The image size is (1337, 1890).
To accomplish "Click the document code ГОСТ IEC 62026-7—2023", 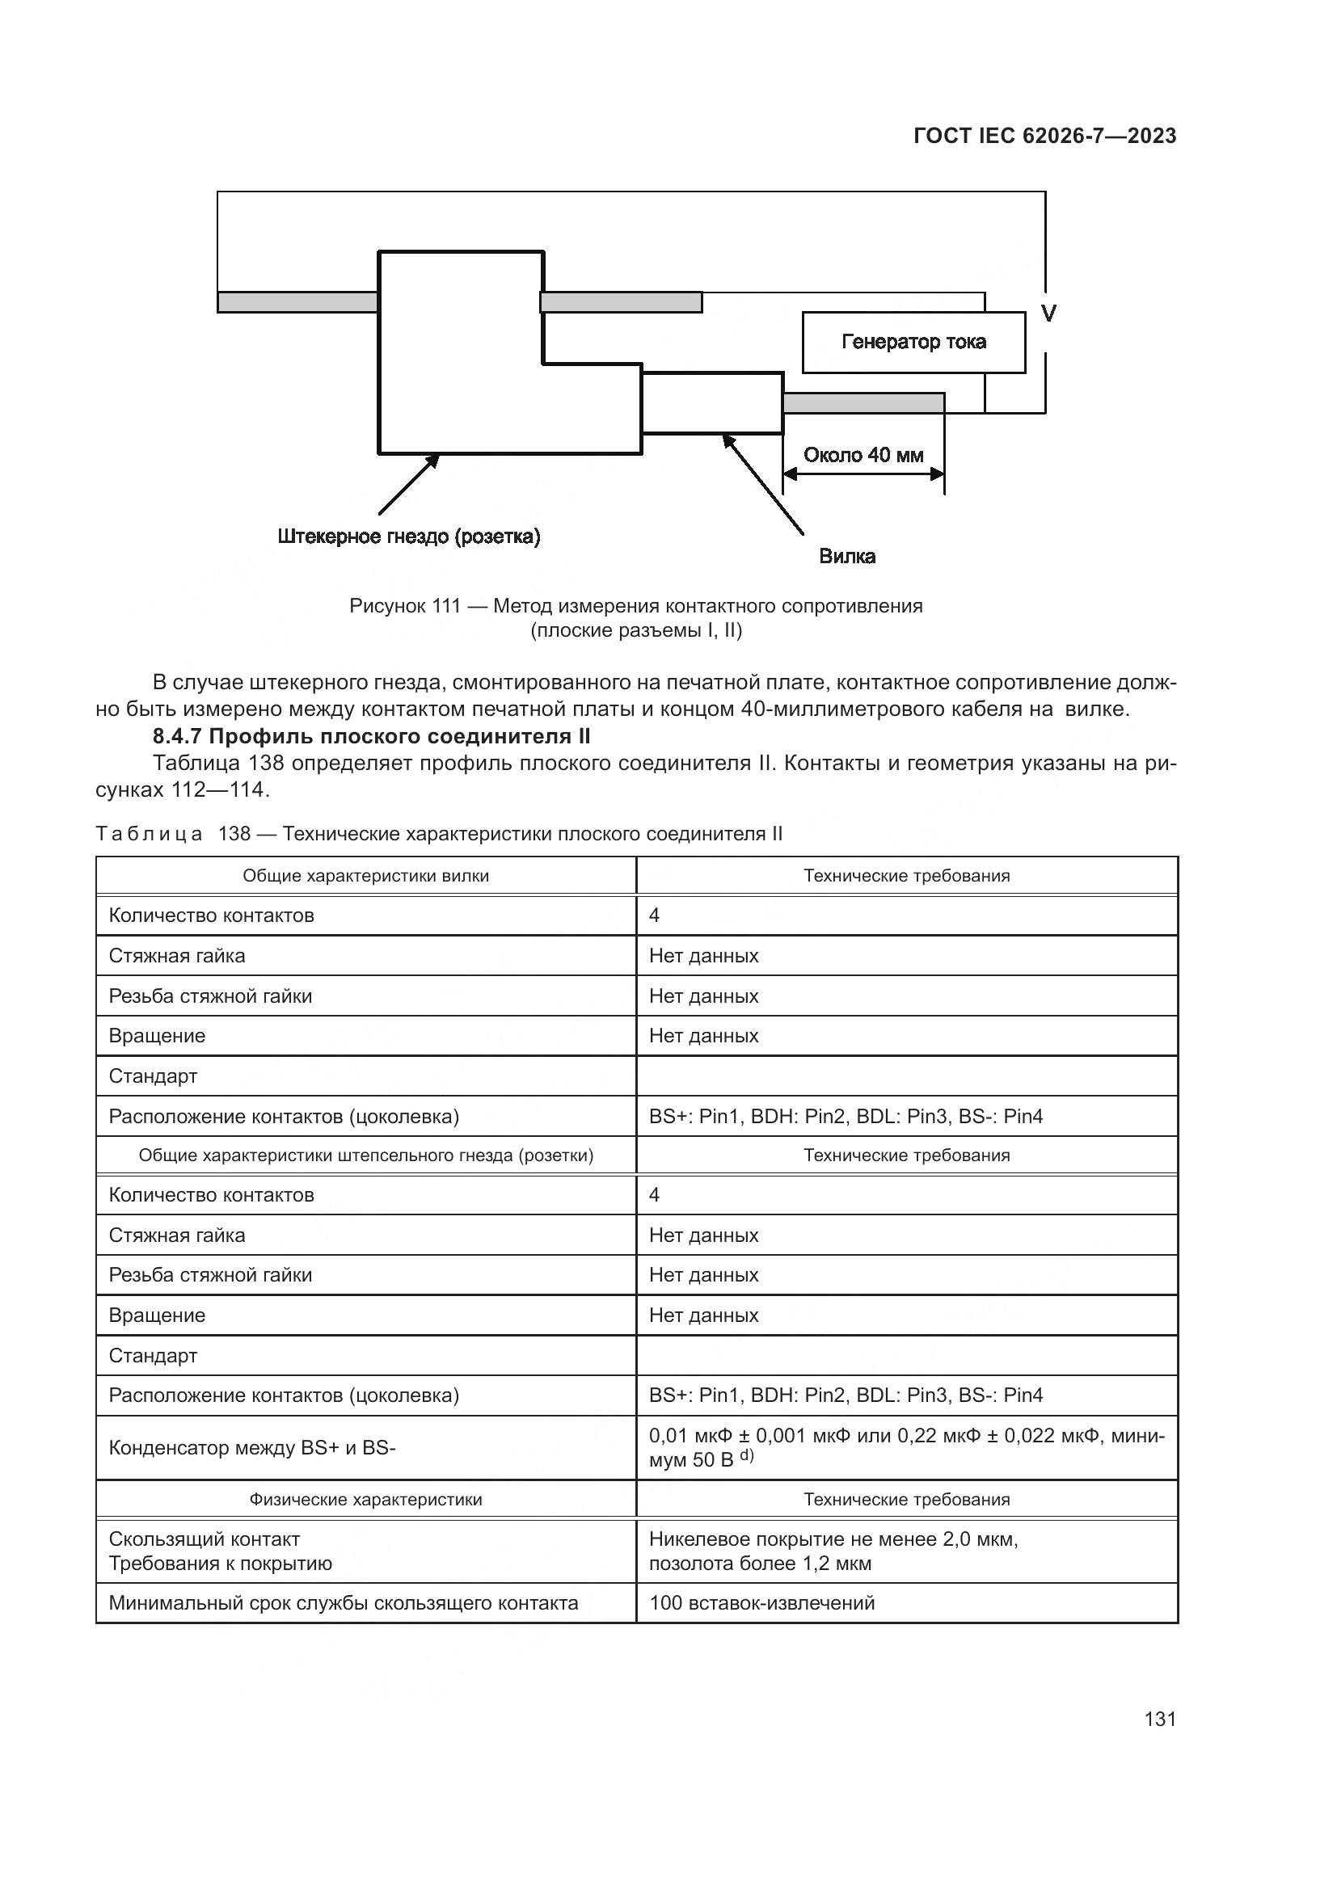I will tap(1044, 137).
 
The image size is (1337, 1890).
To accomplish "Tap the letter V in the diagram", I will tap(1048, 314).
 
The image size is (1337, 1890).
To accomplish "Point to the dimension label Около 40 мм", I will tap(863, 455).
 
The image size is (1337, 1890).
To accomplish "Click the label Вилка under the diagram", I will tap(846, 557).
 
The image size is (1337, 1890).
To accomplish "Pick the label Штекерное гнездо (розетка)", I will tap(408, 537).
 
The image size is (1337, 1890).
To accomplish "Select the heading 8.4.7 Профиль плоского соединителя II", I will tap(371, 736).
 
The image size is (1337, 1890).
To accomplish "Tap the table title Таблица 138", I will tap(439, 834).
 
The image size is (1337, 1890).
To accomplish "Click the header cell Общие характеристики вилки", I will tap(365, 876).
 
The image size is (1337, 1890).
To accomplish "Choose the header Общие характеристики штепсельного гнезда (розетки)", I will tap(365, 1155).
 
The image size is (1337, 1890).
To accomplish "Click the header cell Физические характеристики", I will tap(365, 1499).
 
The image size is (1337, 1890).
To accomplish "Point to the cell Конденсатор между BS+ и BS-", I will tap(252, 1447).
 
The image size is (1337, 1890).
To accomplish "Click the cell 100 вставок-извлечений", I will tap(761, 1602).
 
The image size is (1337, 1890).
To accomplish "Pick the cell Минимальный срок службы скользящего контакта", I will tap(344, 1602).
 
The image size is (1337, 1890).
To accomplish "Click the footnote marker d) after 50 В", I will tap(746, 1456).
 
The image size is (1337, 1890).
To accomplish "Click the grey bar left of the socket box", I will tap(297, 302).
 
